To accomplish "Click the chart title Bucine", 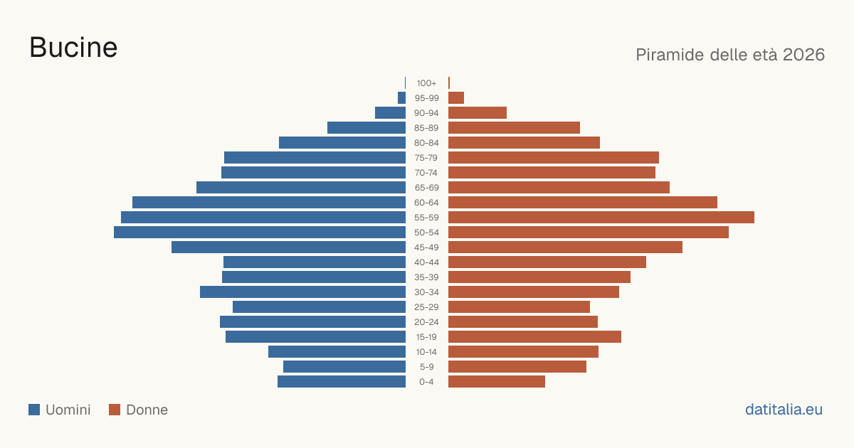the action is click(73, 48).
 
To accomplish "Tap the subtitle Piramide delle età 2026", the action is click(730, 55).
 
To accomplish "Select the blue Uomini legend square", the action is click(34, 410).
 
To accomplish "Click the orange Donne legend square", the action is click(115, 410).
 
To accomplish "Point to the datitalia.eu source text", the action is click(784, 410).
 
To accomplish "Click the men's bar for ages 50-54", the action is click(260, 233).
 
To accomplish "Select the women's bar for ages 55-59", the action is click(601, 218).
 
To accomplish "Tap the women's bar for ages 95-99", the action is click(456, 98).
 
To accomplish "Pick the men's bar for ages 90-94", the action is click(391, 113).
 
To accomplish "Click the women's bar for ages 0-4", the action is click(497, 382).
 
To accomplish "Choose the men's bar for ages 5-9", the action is click(344, 367).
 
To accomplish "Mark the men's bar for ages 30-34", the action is click(302, 292).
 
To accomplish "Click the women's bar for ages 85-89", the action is click(514, 127).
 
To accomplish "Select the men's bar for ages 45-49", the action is click(289, 247).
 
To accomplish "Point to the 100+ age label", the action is click(426, 83).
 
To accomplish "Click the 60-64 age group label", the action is click(426, 203).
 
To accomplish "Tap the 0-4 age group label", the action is click(426, 382).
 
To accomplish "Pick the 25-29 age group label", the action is click(426, 307).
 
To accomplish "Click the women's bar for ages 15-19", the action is click(535, 337).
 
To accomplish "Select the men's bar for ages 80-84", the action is click(342, 143).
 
